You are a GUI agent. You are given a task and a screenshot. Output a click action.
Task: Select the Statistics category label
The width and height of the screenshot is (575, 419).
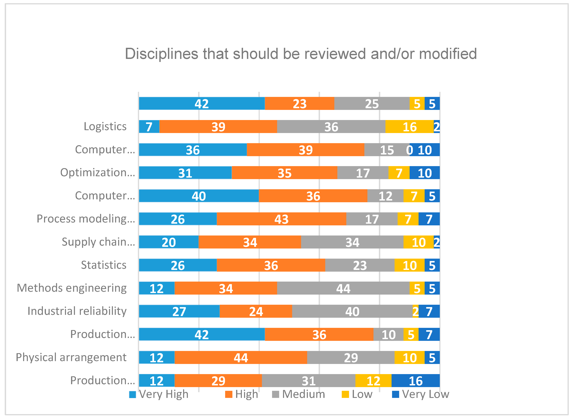point(103,265)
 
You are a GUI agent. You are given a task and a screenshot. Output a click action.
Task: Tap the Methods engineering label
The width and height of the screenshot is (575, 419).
point(72,288)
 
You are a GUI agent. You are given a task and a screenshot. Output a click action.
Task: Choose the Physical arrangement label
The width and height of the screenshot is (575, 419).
point(71,358)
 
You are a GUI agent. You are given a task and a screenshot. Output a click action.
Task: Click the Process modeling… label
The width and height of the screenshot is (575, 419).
point(86,219)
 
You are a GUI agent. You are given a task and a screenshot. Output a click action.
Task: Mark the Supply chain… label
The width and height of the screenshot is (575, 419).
point(98,242)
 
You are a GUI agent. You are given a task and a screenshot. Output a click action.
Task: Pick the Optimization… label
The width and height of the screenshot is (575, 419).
point(98,173)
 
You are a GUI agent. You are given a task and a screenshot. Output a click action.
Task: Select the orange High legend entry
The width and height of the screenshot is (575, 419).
point(242,394)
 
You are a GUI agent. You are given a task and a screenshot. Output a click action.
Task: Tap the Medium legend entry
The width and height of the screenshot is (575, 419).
point(298,394)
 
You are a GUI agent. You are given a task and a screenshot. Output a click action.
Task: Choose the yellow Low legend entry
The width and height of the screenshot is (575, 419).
point(357,394)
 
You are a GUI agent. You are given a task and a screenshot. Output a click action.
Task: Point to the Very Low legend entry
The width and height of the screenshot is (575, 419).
point(421,394)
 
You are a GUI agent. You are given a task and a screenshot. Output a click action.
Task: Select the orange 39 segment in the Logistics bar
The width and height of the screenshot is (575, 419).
point(218,127)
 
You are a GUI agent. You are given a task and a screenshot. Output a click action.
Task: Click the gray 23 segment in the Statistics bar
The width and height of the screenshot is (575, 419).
point(360,265)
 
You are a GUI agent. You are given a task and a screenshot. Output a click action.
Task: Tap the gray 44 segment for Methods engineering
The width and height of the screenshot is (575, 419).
point(343,288)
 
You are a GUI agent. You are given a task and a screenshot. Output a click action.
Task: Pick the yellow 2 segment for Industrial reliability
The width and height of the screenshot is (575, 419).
point(416,311)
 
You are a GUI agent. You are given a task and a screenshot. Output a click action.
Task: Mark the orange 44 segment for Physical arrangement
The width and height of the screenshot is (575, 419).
point(241,357)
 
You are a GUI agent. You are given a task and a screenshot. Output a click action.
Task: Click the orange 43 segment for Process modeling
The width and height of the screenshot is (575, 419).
point(281,219)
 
